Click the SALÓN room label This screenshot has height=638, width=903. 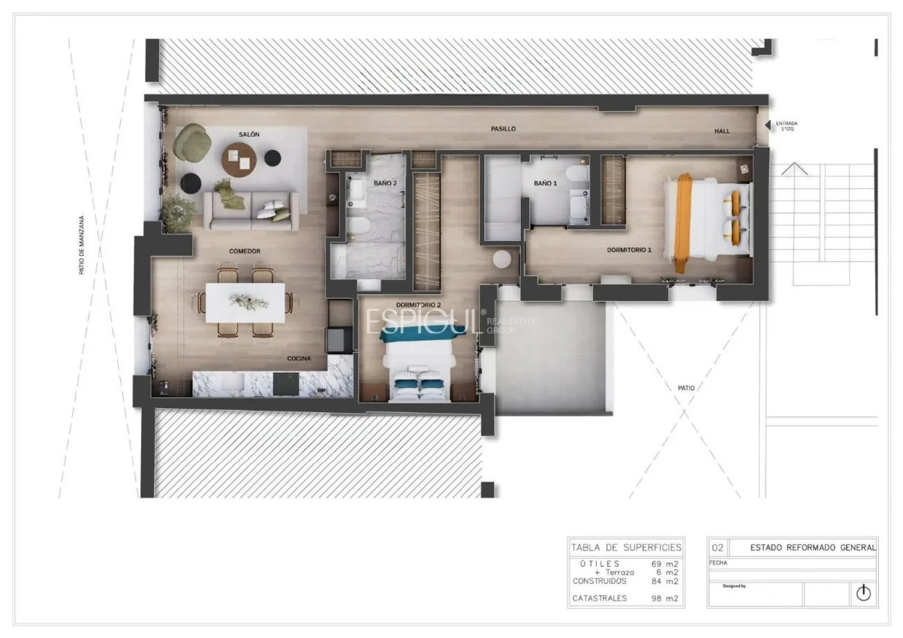pyautogui.click(x=249, y=135)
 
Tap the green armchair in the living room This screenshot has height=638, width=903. pyautogui.click(x=192, y=142)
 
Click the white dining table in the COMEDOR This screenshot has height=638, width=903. pyautogui.click(x=245, y=302)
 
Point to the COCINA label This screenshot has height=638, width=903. pyautogui.click(x=299, y=359)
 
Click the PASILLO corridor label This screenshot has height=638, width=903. pyautogui.click(x=503, y=129)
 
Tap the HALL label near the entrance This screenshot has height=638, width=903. pyautogui.click(x=722, y=131)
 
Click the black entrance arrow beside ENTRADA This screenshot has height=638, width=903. pyautogui.click(x=768, y=125)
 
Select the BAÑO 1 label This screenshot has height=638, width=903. pyautogui.click(x=545, y=183)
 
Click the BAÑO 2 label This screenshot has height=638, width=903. pyautogui.click(x=385, y=183)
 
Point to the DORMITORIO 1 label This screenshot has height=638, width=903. pyautogui.click(x=629, y=250)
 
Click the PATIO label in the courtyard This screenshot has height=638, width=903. pyautogui.click(x=686, y=388)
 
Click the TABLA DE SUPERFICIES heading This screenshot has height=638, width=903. pyautogui.click(x=626, y=547)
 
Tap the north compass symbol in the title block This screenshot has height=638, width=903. pyautogui.click(x=863, y=593)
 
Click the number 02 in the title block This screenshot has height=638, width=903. pyautogui.click(x=718, y=548)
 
